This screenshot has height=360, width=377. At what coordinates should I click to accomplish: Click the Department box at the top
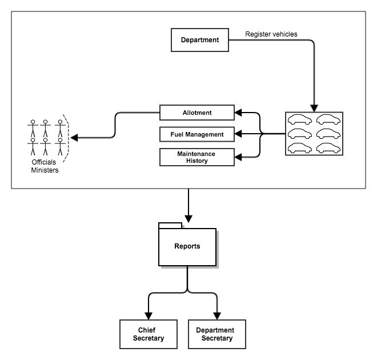click(x=200, y=40)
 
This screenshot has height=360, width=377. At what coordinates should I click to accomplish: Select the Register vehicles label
click(x=271, y=34)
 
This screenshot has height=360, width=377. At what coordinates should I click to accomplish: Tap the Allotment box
click(x=197, y=113)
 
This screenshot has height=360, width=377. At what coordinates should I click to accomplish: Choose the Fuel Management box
click(x=197, y=134)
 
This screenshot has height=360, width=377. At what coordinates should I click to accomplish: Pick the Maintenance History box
click(x=197, y=157)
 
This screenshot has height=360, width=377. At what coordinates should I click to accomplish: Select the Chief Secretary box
click(x=149, y=334)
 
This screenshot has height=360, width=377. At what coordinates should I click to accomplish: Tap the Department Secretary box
click(x=217, y=334)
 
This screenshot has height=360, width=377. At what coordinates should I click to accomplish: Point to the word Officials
click(x=44, y=162)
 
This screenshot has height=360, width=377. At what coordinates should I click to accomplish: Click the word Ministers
click(x=45, y=170)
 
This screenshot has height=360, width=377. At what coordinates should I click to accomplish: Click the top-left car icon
click(x=300, y=119)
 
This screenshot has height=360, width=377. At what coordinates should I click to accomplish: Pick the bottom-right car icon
click(x=328, y=148)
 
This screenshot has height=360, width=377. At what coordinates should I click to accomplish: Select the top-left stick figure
click(x=33, y=129)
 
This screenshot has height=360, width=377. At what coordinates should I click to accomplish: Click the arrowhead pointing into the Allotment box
click(x=238, y=113)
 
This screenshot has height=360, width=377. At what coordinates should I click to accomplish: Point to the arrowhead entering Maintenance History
click(x=238, y=157)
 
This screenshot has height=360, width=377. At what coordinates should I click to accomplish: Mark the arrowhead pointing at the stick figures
click(x=74, y=138)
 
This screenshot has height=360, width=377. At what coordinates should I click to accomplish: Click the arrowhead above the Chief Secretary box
click(x=149, y=316)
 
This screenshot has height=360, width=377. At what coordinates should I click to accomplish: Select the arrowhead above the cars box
click(x=314, y=108)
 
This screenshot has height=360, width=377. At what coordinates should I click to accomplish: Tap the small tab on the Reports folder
click(x=170, y=225)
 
